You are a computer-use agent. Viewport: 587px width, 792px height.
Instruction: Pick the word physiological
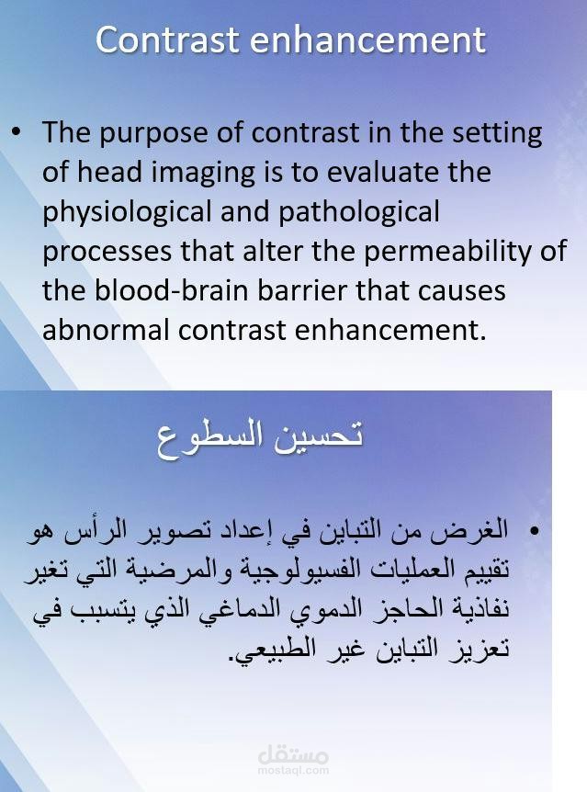(x=124, y=212)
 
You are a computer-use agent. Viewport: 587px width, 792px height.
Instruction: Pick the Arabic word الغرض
(x=478, y=532)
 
